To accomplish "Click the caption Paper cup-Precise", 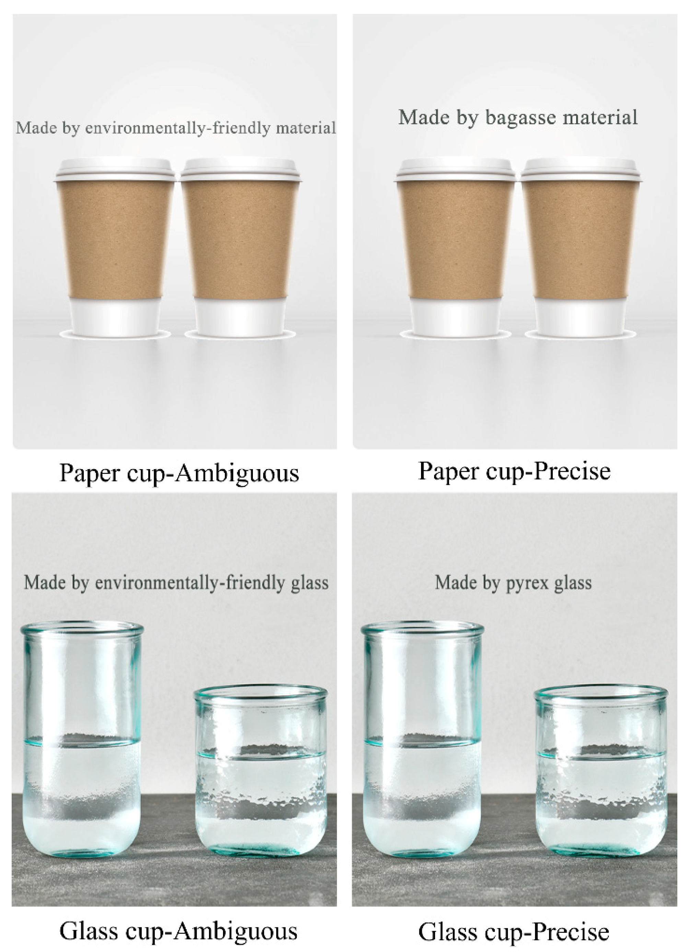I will pyautogui.click(x=514, y=471).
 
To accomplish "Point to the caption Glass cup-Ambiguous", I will pyautogui.click(x=178, y=931).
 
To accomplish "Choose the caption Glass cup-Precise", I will pyautogui.click(x=514, y=932).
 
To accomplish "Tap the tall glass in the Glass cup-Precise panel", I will pyautogui.click(x=422, y=739).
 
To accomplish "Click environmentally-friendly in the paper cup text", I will pyautogui.click(x=177, y=128).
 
